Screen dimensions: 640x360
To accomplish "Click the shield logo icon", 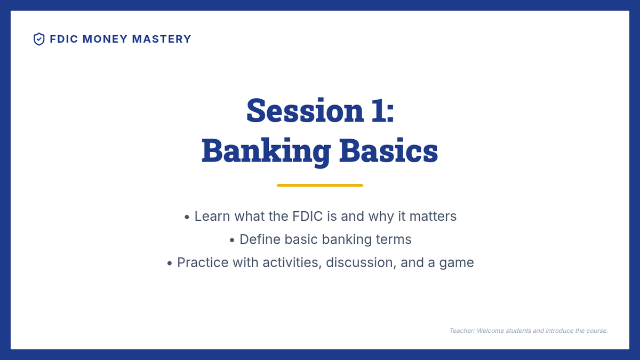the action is tap(39, 39).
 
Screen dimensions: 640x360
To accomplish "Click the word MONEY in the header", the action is tap(105, 39).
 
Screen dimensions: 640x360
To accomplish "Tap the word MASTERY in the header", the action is tap(162, 39).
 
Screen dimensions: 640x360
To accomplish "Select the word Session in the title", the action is tap(305, 110).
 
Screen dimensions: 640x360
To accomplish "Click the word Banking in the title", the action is tap(266, 151).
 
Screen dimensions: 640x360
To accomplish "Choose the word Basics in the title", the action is tap(389, 150).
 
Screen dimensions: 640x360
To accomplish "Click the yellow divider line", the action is tap(319, 186).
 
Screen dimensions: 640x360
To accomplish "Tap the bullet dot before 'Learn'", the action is tap(187, 218).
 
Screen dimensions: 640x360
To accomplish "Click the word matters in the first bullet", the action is tap(433, 217).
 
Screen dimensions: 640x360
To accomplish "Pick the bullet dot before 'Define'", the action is tap(232, 241).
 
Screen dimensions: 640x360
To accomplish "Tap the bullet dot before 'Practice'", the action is tap(170, 263).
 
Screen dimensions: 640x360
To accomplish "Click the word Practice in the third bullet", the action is tap(203, 262).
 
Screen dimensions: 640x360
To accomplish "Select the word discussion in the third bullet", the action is tap(361, 263).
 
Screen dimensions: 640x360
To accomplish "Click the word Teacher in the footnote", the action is tap(462, 331).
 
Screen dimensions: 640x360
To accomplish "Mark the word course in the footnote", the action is tap(597, 331).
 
